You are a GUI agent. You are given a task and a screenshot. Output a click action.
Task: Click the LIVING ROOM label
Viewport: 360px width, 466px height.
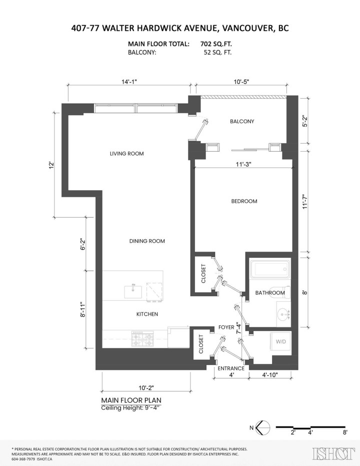(126, 154)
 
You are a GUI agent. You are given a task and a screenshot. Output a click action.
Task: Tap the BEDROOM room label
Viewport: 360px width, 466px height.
(244, 201)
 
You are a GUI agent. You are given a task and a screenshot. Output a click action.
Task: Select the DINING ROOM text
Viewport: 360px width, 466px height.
(147, 241)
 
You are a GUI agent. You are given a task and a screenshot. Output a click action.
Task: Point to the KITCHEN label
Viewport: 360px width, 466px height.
(147, 314)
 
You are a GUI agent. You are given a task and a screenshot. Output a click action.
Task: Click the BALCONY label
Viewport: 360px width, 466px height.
(242, 122)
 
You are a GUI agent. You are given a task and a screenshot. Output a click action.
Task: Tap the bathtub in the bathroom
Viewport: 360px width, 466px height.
(270, 270)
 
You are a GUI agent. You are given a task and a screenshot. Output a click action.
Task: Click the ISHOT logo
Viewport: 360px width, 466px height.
(330, 454)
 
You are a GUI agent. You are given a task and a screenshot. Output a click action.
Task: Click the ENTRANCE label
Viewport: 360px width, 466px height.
(231, 368)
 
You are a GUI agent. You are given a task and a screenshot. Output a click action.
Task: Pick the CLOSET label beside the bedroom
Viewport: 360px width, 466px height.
(203, 274)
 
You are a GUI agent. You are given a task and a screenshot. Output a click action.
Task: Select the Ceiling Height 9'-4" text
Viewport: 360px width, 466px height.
(131, 408)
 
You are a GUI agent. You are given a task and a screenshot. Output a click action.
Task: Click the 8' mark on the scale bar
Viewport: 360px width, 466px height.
(345, 431)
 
